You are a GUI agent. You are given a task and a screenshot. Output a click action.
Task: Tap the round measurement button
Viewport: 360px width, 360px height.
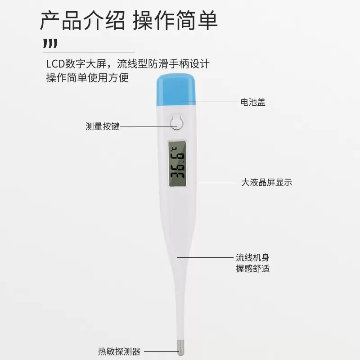(177, 122)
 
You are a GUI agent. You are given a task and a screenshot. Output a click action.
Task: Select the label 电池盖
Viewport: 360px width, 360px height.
(252, 102)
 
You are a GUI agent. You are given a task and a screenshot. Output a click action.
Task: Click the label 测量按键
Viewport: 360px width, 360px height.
(103, 126)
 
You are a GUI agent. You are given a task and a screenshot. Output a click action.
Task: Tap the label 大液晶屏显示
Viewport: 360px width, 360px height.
(267, 182)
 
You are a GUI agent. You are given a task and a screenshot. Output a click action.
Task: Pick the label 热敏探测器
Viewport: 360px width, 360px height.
(119, 351)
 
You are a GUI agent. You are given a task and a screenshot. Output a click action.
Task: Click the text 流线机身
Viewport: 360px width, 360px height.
(253, 258)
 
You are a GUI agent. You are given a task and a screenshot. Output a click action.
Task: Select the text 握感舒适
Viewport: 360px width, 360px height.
(253, 269)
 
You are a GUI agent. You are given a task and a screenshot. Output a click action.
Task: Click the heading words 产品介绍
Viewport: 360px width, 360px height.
(82, 21)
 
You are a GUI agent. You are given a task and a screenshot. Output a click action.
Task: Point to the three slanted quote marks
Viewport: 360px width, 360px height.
(50, 44)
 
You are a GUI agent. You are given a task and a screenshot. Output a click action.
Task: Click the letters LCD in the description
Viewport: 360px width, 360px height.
(55, 63)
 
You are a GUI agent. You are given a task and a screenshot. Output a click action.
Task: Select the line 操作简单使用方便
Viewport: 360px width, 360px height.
(88, 78)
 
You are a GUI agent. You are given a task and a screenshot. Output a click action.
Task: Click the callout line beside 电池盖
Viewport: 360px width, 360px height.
(209, 102)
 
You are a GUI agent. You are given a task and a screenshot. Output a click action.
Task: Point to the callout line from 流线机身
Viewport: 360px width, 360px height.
(205, 258)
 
